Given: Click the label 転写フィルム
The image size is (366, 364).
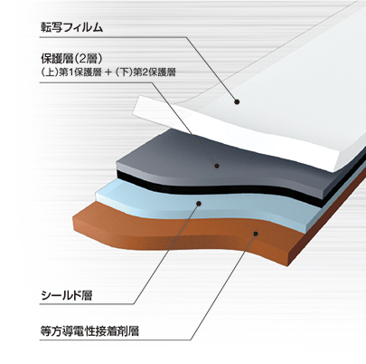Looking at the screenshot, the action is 71,27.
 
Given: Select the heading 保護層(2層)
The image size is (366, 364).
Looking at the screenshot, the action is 72,58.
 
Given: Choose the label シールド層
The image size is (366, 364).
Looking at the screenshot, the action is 66,295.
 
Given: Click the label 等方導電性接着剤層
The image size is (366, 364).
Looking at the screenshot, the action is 89,331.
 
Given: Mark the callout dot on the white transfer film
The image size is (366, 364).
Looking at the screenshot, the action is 237,101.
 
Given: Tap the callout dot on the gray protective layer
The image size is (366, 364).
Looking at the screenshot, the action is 216,166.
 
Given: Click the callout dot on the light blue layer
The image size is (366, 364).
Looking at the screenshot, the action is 198,204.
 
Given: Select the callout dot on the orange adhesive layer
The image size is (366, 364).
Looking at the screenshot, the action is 256,234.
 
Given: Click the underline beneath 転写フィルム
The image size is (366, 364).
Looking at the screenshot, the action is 113,37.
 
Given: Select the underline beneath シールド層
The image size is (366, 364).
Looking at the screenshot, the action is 87,304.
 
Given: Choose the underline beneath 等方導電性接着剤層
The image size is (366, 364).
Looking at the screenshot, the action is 115,340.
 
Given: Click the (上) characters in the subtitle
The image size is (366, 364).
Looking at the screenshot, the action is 50,72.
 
